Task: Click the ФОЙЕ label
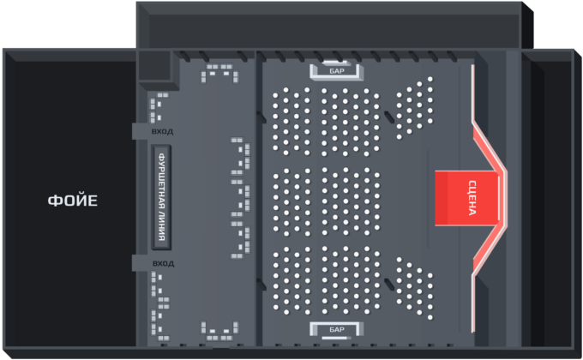click(x=73, y=201)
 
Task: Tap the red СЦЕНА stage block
click(x=466, y=198)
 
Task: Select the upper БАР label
click(x=337, y=71)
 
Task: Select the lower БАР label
click(x=337, y=329)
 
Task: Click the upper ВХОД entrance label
click(x=163, y=132)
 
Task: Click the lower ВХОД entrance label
click(x=163, y=263)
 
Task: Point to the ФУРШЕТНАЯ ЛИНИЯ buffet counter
click(x=161, y=197)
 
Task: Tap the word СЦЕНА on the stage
click(x=472, y=198)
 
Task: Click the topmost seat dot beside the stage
click(x=430, y=79)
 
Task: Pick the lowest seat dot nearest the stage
click(x=430, y=317)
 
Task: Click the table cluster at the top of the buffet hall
click(x=219, y=73)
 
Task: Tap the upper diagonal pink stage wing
click(x=490, y=147)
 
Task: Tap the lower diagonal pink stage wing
click(x=490, y=250)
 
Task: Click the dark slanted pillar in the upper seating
click(x=389, y=117)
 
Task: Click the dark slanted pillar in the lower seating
click(x=389, y=285)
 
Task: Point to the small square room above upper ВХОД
click(x=154, y=65)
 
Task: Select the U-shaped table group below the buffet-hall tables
click(x=219, y=331)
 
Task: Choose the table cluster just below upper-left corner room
click(x=158, y=108)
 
